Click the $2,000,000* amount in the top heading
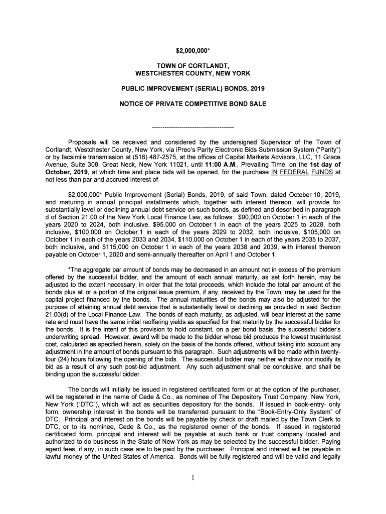click(193, 51)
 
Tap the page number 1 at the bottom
click(193, 477)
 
